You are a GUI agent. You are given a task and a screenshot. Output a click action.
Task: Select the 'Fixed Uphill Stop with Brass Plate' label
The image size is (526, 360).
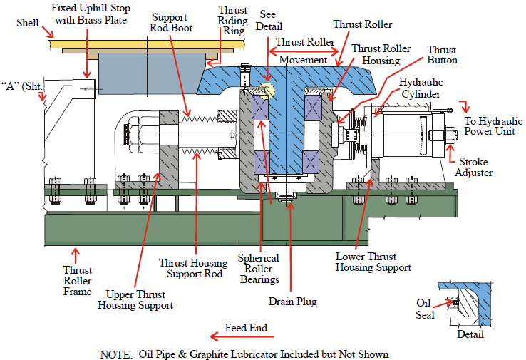pos(89,14)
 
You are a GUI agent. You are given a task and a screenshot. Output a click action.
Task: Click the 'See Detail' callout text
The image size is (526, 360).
pos(268,20)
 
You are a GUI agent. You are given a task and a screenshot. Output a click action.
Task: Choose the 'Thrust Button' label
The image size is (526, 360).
pos(441,56)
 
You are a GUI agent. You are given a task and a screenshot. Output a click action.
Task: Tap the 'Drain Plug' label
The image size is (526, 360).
pos(293,302)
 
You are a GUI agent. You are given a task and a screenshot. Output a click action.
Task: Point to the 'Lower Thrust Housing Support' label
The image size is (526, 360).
pos(373,262)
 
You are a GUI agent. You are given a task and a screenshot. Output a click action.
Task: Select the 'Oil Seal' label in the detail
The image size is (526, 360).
pos(425,308)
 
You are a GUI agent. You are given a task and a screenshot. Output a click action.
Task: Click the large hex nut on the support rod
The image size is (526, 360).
pos(136,134)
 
